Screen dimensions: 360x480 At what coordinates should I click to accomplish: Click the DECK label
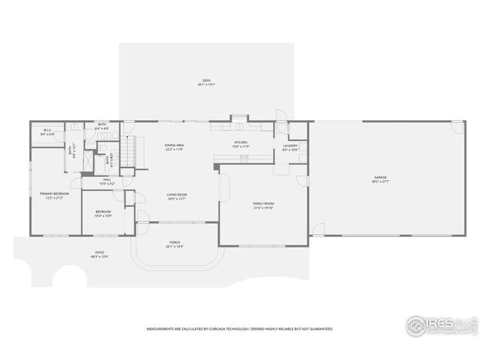[205, 81]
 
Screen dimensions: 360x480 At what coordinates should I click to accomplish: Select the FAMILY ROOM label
[263, 203]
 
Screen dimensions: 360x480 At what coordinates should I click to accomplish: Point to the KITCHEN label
[240, 142]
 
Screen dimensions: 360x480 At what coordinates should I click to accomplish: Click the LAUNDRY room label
[291, 145]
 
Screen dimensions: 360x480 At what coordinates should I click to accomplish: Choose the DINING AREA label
[175, 145]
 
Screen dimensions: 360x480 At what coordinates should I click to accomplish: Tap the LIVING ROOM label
[177, 195]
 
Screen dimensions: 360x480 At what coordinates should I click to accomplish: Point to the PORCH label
[175, 243]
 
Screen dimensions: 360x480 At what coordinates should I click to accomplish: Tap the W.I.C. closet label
[46, 130]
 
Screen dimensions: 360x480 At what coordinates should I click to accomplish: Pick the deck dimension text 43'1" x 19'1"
[205, 85]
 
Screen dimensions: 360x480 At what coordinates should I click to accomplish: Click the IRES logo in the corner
[440, 325]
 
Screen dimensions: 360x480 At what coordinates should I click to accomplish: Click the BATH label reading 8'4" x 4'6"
[102, 124]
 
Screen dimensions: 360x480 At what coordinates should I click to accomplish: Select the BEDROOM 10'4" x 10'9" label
[103, 214]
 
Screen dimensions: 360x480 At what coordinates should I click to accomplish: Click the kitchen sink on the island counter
[244, 157]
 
